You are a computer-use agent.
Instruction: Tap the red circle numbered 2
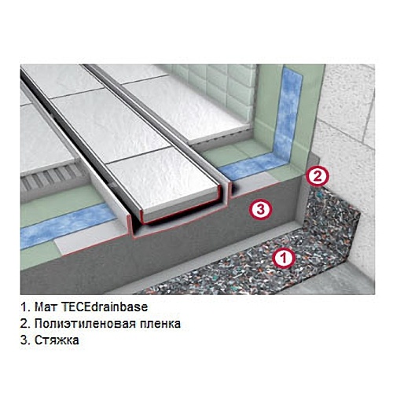tap(317, 176)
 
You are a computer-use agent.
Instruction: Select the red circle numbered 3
tap(261, 209)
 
